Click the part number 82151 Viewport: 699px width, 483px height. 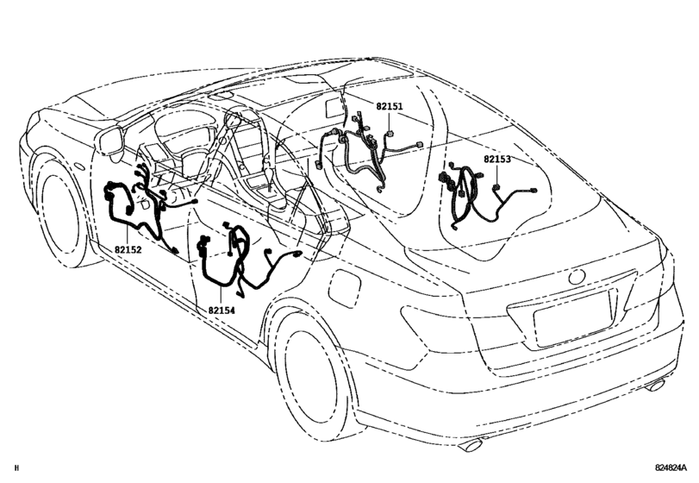[x=389, y=106]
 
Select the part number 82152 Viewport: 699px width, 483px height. [x=127, y=249]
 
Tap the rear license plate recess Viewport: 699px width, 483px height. [x=572, y=322]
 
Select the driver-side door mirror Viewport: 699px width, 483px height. [x=112, y=141]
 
